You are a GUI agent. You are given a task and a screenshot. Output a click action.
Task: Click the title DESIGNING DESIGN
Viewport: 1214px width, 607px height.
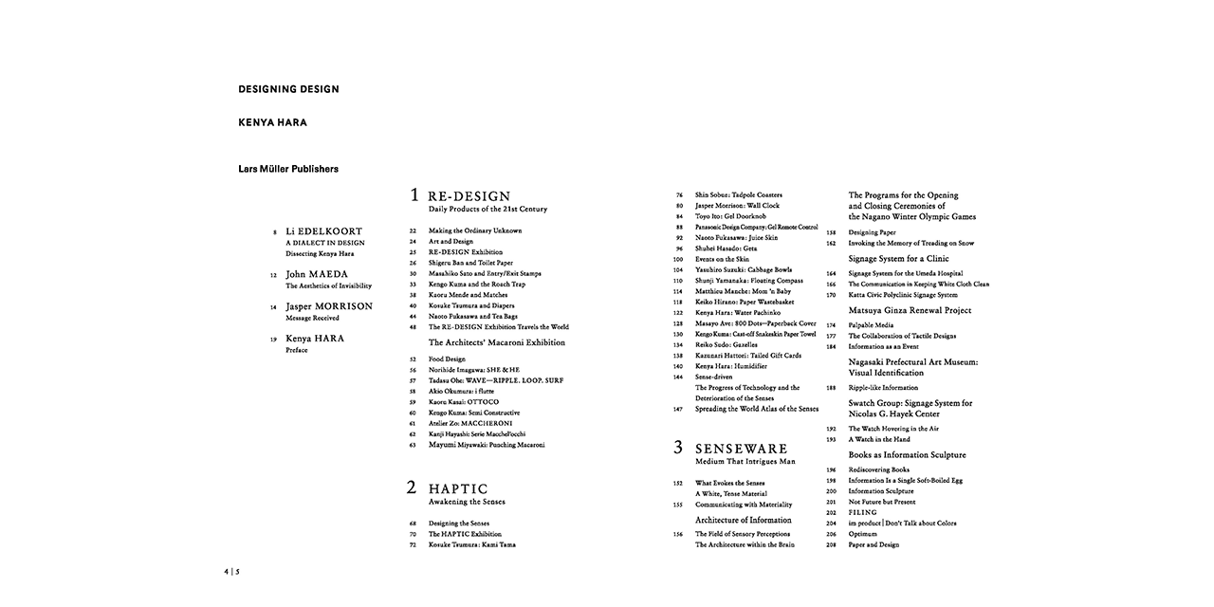tap(288, 89)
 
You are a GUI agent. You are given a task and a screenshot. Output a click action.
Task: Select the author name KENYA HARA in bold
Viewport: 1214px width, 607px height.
tap(272, 122)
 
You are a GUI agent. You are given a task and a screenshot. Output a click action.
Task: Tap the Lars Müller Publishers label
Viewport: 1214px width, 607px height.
tap(288, 169)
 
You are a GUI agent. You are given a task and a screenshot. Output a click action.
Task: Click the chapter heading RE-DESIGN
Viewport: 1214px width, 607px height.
tap(469, 196)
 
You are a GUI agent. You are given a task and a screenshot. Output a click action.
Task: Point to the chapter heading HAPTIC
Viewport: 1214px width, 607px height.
tap(458, 488)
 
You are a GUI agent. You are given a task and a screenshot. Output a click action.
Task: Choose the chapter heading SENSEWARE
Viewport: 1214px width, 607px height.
tap(741, 448)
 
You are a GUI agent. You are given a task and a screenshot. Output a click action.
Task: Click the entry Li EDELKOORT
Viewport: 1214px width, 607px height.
tap(323, 231)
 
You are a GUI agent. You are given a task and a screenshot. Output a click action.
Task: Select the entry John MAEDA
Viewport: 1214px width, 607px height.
tap(316, 274)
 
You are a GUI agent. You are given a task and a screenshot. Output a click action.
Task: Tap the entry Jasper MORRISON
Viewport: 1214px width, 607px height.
tap(328, 306)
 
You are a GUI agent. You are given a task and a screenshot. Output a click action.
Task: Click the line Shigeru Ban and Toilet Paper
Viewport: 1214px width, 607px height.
tap(470, 263)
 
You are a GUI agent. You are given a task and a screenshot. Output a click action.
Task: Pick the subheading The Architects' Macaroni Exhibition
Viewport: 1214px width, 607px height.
tap(496, 342)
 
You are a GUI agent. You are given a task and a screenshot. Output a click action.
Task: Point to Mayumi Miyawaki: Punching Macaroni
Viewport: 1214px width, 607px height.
tap(487, 444)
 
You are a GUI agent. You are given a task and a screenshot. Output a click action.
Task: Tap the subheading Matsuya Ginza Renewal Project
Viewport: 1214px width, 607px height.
tap(910, 310)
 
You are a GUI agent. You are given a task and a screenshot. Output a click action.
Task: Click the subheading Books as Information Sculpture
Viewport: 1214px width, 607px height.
tap(907, 455)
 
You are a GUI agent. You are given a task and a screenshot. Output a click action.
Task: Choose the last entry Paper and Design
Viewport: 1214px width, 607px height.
tap(873, 544)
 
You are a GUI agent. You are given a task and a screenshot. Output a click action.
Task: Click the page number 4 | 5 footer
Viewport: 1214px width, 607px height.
tap(232, 572)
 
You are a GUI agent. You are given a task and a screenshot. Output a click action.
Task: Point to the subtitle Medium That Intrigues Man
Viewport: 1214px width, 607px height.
tap(745, 462)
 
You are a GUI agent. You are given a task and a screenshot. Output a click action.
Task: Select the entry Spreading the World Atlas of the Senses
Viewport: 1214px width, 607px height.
tap(756, 409)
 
